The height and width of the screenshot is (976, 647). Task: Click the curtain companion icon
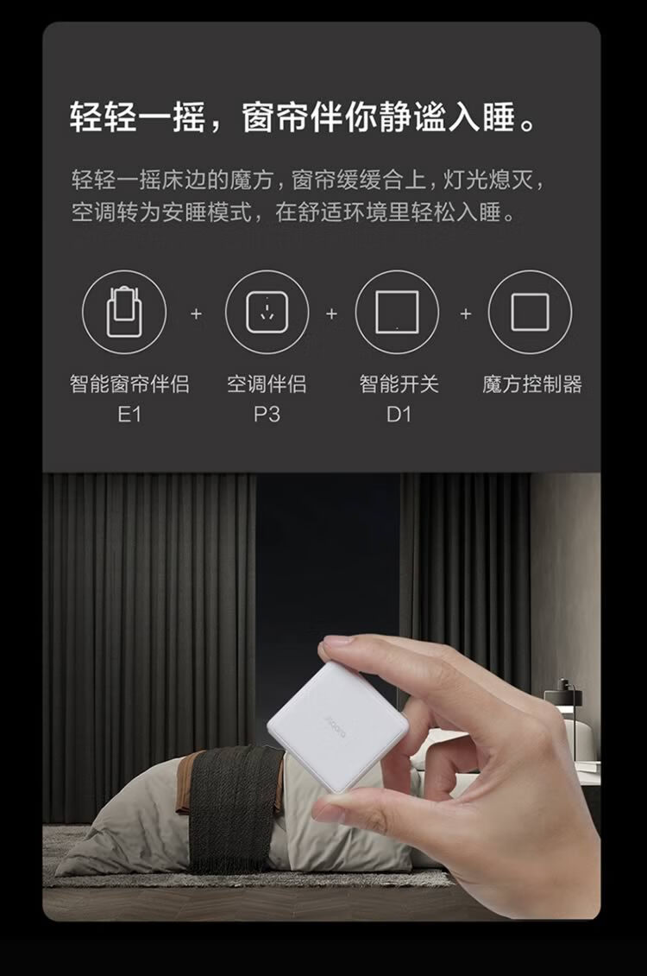point(124,312)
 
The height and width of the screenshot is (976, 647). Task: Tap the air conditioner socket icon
point(267,312)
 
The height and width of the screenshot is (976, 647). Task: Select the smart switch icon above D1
point(397,312)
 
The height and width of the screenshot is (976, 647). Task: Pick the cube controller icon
point(531,312)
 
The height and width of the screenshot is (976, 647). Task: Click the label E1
point(129,414)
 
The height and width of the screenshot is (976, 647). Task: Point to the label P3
point(267,414)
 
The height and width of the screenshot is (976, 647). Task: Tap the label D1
point(399,414)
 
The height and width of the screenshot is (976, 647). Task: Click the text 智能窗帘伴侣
point(129,383)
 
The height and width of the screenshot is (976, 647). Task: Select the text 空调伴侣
point(267,383)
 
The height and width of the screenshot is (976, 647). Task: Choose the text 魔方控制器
point(532,383)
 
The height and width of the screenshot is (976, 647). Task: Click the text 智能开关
point(399,383)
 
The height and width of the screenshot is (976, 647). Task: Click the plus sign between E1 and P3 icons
point(197,313)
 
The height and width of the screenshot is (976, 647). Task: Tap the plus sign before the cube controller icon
point(466,313)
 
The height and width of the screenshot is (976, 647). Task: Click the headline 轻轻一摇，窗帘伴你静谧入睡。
point(304,117)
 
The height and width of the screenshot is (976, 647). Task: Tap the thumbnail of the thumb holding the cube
point(331,810)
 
